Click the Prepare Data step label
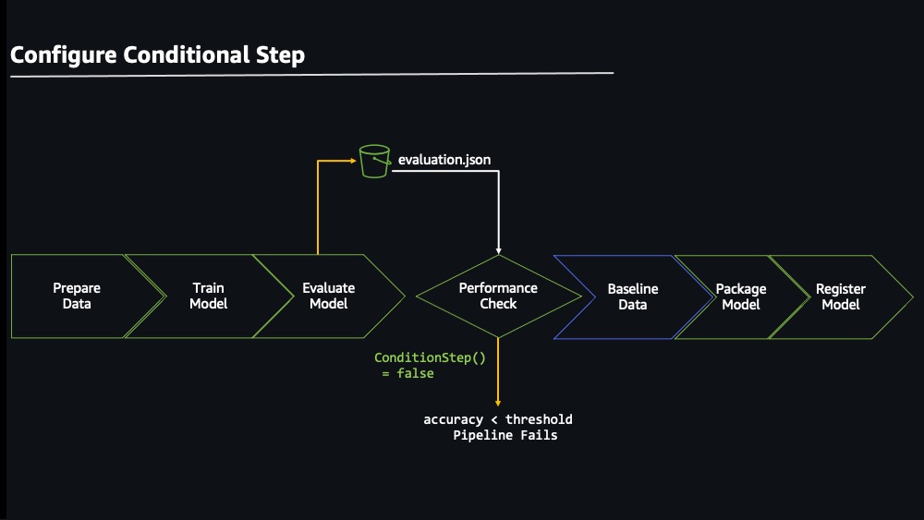77,296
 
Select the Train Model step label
209,296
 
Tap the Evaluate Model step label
329,296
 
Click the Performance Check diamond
499,296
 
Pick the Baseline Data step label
633,296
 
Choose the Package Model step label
741,296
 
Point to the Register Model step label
841,296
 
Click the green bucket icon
375,162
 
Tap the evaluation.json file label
444,160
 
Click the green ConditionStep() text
431,357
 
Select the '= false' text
407,373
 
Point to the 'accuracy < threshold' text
498,419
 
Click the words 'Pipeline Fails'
505,435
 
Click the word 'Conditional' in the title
187,54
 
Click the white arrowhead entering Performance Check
499,251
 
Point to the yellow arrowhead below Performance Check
498,403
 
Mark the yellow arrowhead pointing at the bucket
354,160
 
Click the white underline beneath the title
311,75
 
